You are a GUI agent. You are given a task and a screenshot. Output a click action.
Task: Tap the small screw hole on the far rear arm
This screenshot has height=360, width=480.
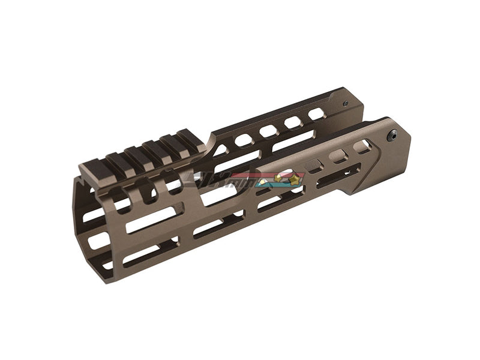[x=344, y=103]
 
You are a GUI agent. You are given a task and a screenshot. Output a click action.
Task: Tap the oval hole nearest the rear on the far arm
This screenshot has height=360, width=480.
[x=316, y=114]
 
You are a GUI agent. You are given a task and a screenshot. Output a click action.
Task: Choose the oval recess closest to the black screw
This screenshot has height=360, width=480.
[x=362, y=146]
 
